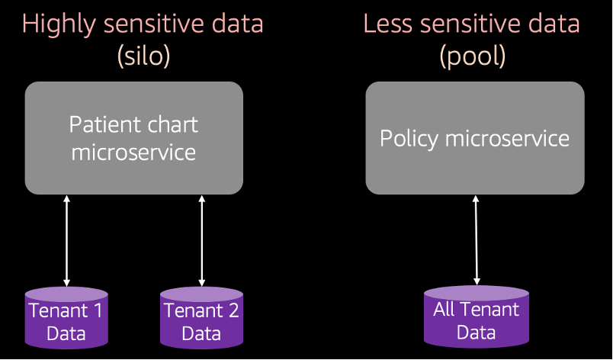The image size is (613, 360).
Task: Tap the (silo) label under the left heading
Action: pos(143,56)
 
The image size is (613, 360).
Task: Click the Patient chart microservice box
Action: pos(134,138)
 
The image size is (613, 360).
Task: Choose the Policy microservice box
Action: pos(475,138)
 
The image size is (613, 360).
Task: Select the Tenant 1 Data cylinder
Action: pos(66,317)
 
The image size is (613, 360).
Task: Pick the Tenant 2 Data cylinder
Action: pos(202,317)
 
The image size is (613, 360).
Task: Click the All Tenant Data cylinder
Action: pos(477,317)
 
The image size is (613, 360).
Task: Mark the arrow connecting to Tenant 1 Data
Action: pos(66,241)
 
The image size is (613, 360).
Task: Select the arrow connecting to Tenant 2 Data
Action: pos(202,241)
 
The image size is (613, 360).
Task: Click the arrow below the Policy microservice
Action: pos(477,240)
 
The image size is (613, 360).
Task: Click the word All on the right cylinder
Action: pos(444,310)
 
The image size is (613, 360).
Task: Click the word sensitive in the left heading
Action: pos(153,24)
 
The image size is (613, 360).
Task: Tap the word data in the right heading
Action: pos(554,24)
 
